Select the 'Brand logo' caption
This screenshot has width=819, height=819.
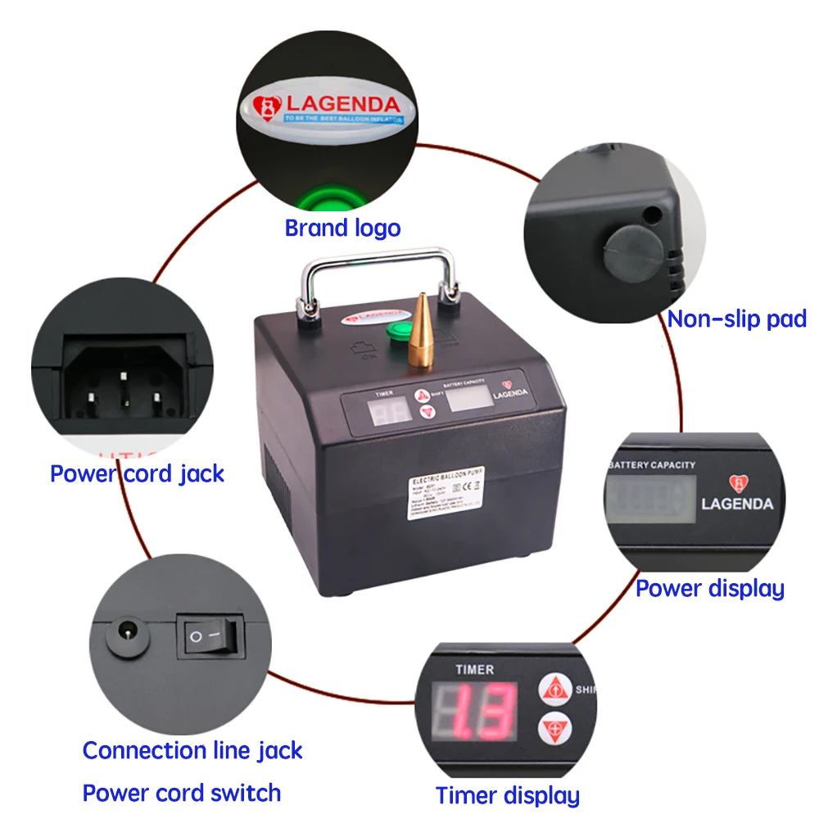point(342,228)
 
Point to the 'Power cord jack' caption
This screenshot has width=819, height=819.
point(138,473)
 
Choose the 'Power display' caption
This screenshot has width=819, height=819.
point(710,588)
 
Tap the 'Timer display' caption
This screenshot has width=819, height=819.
point(507,795)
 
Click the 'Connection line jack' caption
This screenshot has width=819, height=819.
point(192,750)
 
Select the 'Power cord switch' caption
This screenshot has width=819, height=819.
point(182,793)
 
